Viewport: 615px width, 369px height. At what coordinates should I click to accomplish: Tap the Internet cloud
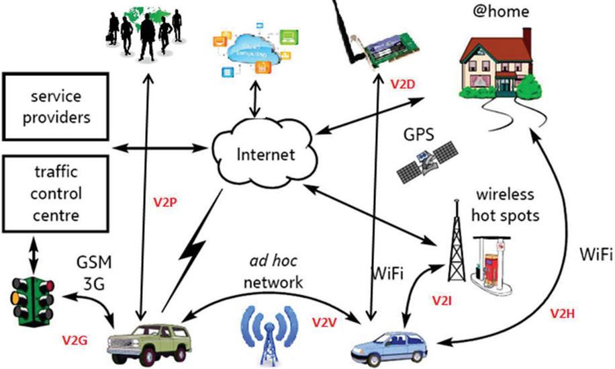(x=266, y=153)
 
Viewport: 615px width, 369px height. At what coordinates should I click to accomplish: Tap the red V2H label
(x=565, y=313)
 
